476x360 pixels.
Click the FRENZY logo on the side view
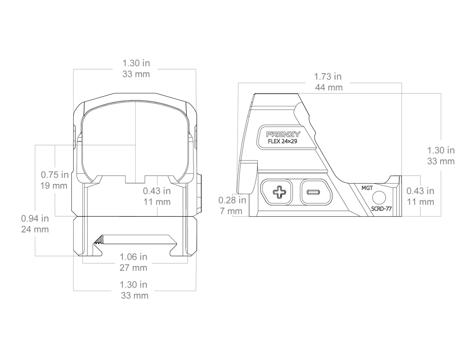coord(283,134)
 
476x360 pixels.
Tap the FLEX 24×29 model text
coord(283,141)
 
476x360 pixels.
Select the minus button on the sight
coord(316,192)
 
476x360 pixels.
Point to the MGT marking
coord(367,188)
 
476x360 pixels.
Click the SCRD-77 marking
coord(381,209)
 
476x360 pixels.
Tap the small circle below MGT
coord(379,198)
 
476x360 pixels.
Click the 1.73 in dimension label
coord(327,77)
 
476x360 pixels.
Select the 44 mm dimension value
coord(328,87)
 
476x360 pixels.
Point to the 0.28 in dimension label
coord(232,200)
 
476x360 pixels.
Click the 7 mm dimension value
coord(231,211)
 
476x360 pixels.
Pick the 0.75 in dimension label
coord(55,175)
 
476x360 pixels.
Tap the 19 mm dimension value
coord(54,186)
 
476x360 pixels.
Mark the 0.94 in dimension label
coord(35,218)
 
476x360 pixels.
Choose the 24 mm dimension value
coord(35,229)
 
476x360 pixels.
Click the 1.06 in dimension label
coord(133,257)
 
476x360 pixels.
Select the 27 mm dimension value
coord(133,268)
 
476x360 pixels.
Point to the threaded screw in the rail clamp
coord(99,241)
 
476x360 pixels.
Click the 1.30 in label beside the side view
coord(441,150)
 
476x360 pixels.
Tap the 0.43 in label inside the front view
coord(156,191)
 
